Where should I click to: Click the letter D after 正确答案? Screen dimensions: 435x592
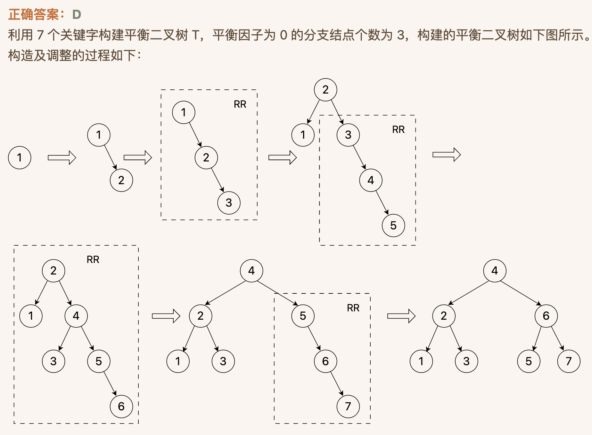tap(77, 15)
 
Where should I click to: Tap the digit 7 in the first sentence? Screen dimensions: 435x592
tap(40, 35)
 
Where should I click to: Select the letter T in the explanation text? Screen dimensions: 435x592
tap(195, 35)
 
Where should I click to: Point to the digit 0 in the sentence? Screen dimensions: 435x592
tap(283, 35)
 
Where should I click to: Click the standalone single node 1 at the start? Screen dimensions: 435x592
tap(20, 158)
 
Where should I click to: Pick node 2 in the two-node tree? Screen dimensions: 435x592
tap(121, 180)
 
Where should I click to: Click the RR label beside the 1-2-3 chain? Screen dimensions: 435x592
tap(240, 104)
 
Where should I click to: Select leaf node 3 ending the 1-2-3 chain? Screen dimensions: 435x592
tap(229, 203)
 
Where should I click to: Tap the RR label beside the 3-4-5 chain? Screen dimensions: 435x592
tap(398, 130)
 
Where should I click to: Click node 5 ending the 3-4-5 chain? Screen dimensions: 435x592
tap(393, 226)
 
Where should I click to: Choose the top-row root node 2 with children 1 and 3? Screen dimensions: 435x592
tap(325, 90)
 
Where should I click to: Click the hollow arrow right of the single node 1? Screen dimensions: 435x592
tap(62, 158)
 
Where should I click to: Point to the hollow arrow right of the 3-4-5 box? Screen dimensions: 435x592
tap(447, 155)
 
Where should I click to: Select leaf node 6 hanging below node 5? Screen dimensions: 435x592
tap(121, 406)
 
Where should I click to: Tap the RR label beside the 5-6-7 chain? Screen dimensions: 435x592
tap(353, 308)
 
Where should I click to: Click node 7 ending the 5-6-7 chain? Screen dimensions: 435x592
tap(348, 406)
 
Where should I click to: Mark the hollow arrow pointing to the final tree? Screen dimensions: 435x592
tap(401, 316)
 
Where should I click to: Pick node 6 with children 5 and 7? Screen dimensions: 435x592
tap(546, 316)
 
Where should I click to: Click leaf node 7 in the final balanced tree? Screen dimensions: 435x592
tap(569, 361)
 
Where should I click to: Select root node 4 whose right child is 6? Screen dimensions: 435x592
tap(495, 271)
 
